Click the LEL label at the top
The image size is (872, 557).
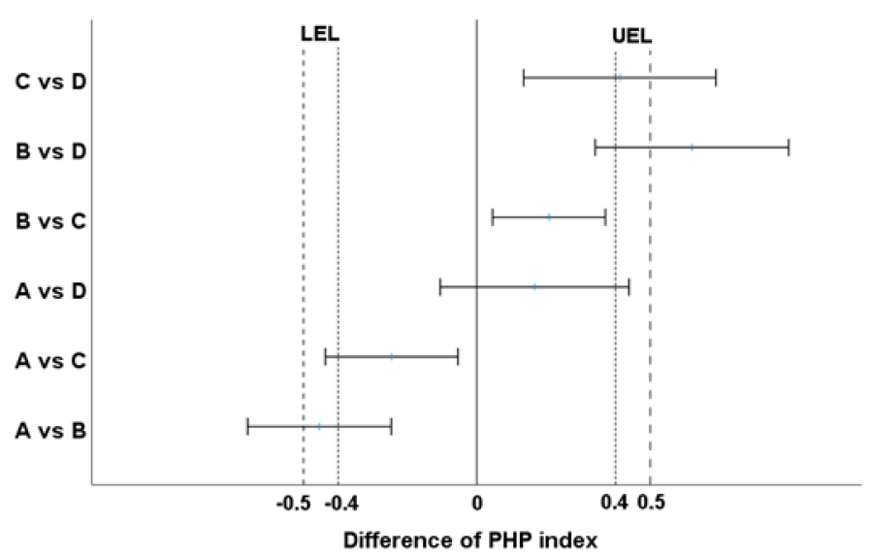tap(321, 34)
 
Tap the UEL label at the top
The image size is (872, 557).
tap(632, 36)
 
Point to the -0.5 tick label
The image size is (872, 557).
tap(293, 504)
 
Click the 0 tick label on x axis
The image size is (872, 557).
tap(476, 504)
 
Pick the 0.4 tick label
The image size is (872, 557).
tap(614, 504)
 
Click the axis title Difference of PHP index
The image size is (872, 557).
tap(468, 539)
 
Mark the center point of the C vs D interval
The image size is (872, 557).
tap(619, 78)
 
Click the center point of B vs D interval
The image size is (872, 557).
tap(692, 147)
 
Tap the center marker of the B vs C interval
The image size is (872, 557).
tap(549, 217)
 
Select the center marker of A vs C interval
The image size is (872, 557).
tap(392, 357)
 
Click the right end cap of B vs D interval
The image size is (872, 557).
tap(789, 147)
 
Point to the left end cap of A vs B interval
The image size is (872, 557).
tap(248, 426)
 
